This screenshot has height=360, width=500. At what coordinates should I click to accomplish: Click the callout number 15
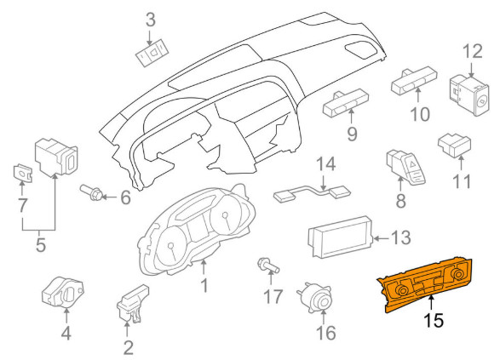[x=434, y=320]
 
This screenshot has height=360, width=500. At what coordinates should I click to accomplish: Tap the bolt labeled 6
[x=91, y=192]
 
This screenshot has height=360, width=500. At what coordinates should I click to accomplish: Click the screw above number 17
[x=267, y=266]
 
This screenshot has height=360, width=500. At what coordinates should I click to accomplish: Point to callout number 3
[x=151, y=20]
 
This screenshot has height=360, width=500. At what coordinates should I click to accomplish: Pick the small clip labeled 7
[x=23, y=174]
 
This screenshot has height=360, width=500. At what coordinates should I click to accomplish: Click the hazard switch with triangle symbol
[x=405, y=167]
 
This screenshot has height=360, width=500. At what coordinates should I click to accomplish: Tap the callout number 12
[x=472, y=51]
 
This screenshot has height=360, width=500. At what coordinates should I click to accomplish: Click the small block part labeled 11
[x=454, y=146]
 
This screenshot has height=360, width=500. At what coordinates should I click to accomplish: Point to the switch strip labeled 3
[x=152, y=54]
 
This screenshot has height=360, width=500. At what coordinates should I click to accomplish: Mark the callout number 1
[x=204, y=285]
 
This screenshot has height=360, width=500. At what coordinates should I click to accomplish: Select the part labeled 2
[x=132, y=303]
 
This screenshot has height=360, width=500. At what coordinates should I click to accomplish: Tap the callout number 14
[x=326, y=163]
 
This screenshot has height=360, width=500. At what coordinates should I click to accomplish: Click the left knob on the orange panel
[x=402, y=290]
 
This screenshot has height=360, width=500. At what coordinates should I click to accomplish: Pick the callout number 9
[x=352, y=134]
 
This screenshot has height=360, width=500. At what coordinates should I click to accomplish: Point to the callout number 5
[x=41, y=245]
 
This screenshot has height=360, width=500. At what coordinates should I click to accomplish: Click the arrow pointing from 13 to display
[x=381, y=238]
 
